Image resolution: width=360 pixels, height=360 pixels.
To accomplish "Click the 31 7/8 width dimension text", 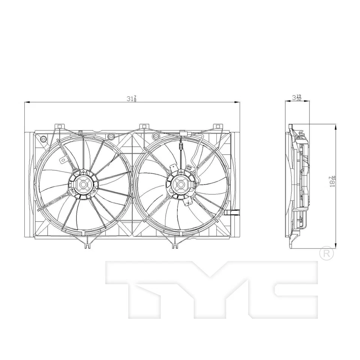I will [131, 99].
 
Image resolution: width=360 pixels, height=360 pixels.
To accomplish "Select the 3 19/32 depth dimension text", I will [297, 97].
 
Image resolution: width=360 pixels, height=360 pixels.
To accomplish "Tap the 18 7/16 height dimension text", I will [332, 183].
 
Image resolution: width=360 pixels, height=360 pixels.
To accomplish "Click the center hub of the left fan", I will [83, 184].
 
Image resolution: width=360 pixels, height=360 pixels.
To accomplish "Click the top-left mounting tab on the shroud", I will [59, 126].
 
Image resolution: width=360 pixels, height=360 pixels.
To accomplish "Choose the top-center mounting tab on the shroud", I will [144, 127].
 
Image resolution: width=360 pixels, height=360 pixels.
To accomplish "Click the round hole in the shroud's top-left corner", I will [43, 139].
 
